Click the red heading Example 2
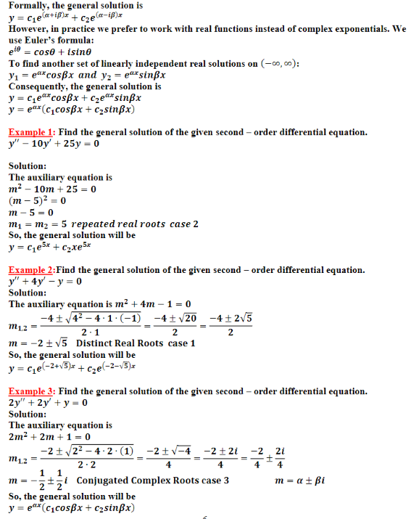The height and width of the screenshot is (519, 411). point(32,270)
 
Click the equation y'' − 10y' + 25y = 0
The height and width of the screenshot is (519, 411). point(54,143)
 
